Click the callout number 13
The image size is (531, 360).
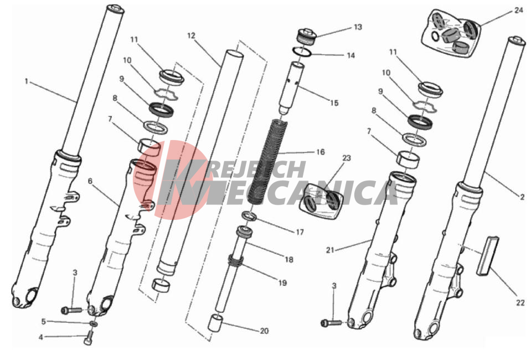point(358,27)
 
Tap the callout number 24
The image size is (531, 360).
point(518,11)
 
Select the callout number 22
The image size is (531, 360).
point(520,303)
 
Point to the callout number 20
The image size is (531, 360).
point(264,331)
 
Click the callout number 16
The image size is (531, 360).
point(321,152)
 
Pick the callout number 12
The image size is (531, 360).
point(191,35)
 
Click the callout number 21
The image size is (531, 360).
point(330,250)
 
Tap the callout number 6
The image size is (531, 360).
point(90,181)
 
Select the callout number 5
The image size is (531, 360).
point(43,321)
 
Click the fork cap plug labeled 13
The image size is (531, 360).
point(307,37)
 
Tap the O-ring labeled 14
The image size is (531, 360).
point(302,52)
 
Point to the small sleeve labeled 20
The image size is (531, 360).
point(215,322)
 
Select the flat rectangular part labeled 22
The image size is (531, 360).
point(488,256)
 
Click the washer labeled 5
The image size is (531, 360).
point(94,324)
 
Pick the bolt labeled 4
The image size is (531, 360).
point(88,338)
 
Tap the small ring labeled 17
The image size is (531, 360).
point(249,215)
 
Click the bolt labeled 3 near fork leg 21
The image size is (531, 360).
point(331,323)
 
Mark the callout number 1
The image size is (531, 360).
point(27,81)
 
